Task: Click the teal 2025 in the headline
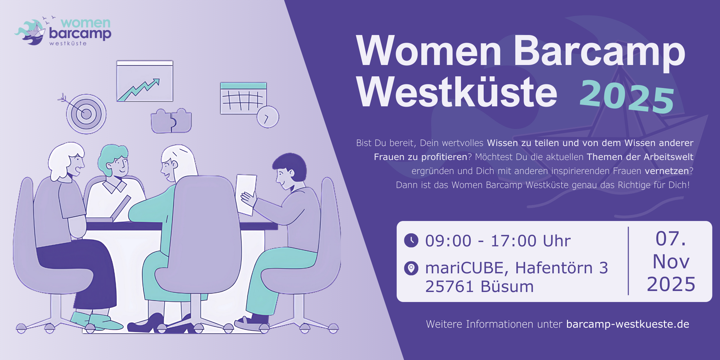coord(627,97)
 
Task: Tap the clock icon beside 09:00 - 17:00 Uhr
coord(411,240)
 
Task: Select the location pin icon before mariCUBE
coord(411,268)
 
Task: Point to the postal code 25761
coord(450,287)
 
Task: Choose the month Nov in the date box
coord(671,262)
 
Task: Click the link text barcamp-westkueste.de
coord(628,324)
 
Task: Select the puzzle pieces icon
coord(171,121)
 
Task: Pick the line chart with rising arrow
coord(145,81)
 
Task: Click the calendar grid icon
coord(243,98)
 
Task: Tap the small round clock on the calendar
coord(268,117)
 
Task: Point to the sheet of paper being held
coord(246,194)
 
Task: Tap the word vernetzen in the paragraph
coord(667,171)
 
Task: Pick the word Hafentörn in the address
coord(554,268)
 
